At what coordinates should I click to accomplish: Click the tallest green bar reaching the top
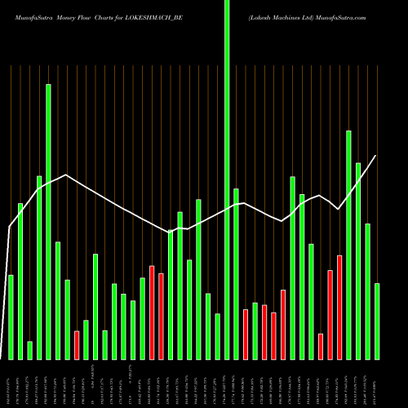227,180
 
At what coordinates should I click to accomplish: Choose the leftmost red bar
77,345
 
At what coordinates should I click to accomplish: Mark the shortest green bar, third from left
29,350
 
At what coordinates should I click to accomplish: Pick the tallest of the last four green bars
349,245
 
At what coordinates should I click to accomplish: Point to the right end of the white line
376,156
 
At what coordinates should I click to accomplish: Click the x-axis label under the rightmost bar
377,384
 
